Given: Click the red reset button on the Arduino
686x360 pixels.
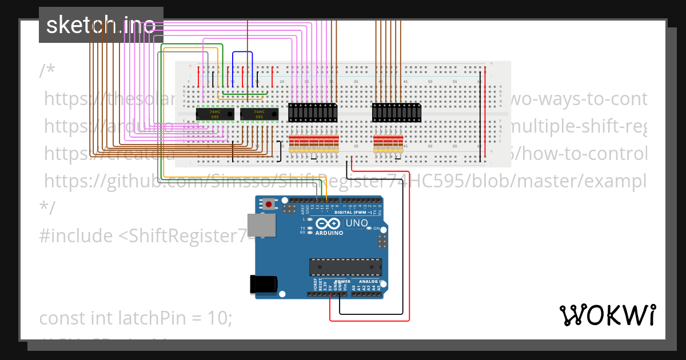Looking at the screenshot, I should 269,203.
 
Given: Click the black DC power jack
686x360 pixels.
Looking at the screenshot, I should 264,285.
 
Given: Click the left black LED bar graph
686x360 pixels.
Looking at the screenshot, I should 313,113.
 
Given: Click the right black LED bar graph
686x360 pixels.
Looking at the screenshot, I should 397,113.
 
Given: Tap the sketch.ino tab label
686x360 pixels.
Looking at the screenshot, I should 101,25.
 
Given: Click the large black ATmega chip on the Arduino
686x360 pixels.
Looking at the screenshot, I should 345,267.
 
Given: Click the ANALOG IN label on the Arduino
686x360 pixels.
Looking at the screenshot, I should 369,282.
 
